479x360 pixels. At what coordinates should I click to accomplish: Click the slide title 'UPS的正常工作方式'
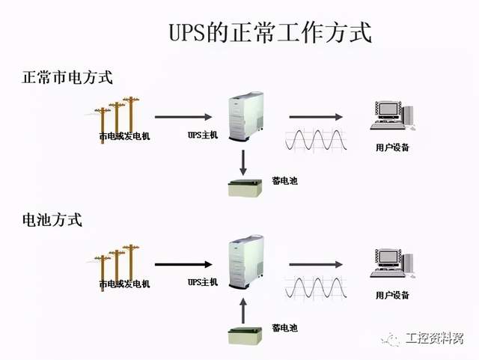[x=267, y=34]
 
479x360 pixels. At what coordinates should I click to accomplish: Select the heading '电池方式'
[x=52, y=221]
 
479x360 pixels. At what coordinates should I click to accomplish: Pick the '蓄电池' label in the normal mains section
[x=284, y=181]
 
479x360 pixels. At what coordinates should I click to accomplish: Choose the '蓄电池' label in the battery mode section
[x=284, y=327]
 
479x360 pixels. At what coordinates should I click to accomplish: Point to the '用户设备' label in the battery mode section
[x=392, y=296]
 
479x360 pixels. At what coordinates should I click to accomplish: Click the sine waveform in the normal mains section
[x=314, y=140]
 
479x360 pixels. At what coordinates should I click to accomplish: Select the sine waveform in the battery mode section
[x=314, y=287]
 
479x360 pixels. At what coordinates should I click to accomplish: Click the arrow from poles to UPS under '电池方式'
[x=183, y=263]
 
